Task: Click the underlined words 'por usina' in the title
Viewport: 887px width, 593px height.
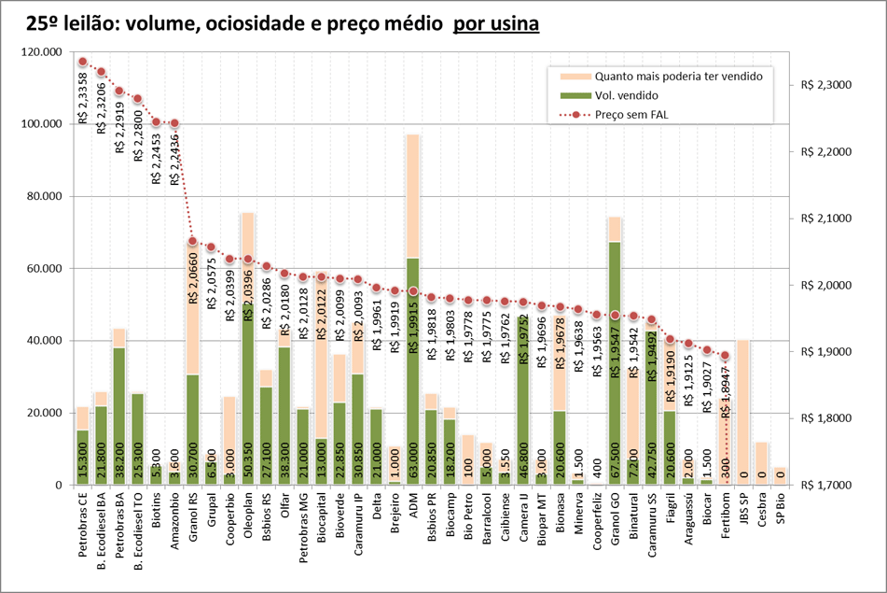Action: coord(495,23)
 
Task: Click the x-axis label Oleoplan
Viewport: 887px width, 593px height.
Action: coord(248,517)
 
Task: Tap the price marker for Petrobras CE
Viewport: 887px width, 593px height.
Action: coord(83,62)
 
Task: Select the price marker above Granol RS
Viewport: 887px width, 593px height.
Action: coord(193,241)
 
